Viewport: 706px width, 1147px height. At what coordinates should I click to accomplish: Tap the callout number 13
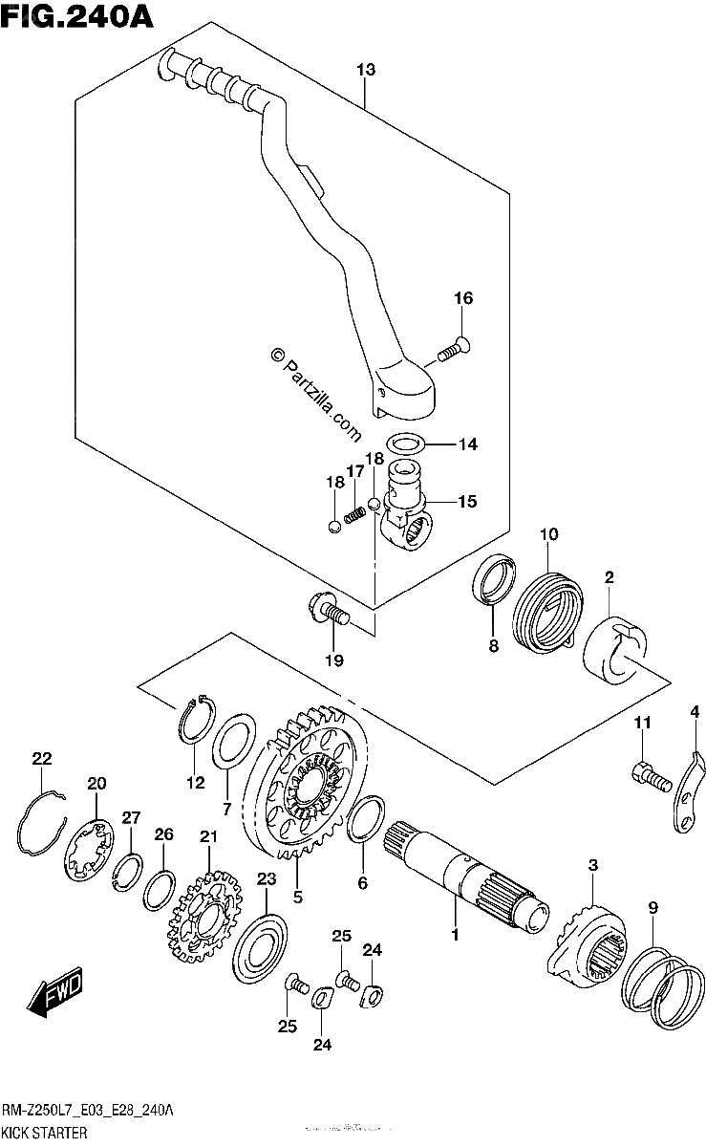pos(366,70)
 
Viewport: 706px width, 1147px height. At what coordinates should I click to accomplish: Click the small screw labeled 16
pos(454,349)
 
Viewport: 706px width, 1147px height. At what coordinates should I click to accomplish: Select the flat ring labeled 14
pos(405,443)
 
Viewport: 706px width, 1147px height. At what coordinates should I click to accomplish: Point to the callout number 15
pos(467,501)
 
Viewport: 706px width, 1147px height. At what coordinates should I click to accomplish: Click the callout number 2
pos(609,577)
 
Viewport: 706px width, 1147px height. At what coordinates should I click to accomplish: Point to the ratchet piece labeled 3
pos(587,947)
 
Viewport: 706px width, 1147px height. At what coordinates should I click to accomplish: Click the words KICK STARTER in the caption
pos(45,1133)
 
